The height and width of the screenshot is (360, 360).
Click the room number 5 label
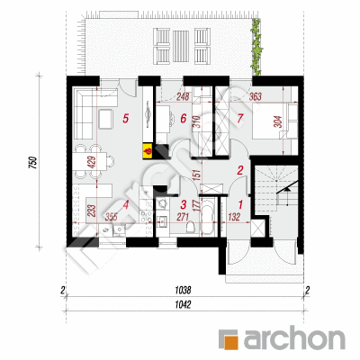click(x=126, y=119)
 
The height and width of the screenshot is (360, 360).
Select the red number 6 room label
click(x=184, y=119)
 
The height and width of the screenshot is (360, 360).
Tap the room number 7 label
click(x=239, y=119)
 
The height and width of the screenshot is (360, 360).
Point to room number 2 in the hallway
click(x=240, y=170)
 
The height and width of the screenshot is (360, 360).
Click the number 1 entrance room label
click(x=240, y=205)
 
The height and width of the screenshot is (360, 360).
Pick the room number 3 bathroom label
click(x=184, y=205)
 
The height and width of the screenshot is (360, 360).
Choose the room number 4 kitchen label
click(x=126, y=205)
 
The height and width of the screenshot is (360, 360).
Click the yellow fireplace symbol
click(x=148, y=150)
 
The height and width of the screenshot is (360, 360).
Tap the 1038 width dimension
click(x=183, y=291)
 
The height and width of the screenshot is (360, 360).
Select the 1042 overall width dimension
click(x=183, y=305)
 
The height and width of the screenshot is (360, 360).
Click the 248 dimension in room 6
click(x=183, y=96)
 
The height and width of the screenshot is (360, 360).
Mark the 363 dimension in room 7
click(x=256, y=96)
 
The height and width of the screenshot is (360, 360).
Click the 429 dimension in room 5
click(x=93, y=162)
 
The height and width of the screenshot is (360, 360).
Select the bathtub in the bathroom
click(x=207, y=217)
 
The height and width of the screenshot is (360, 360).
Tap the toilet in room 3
click(x=190, y=227)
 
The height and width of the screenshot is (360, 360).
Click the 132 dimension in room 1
click(x=234, y=217)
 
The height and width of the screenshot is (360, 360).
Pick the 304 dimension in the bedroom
click(x=279, y=121)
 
